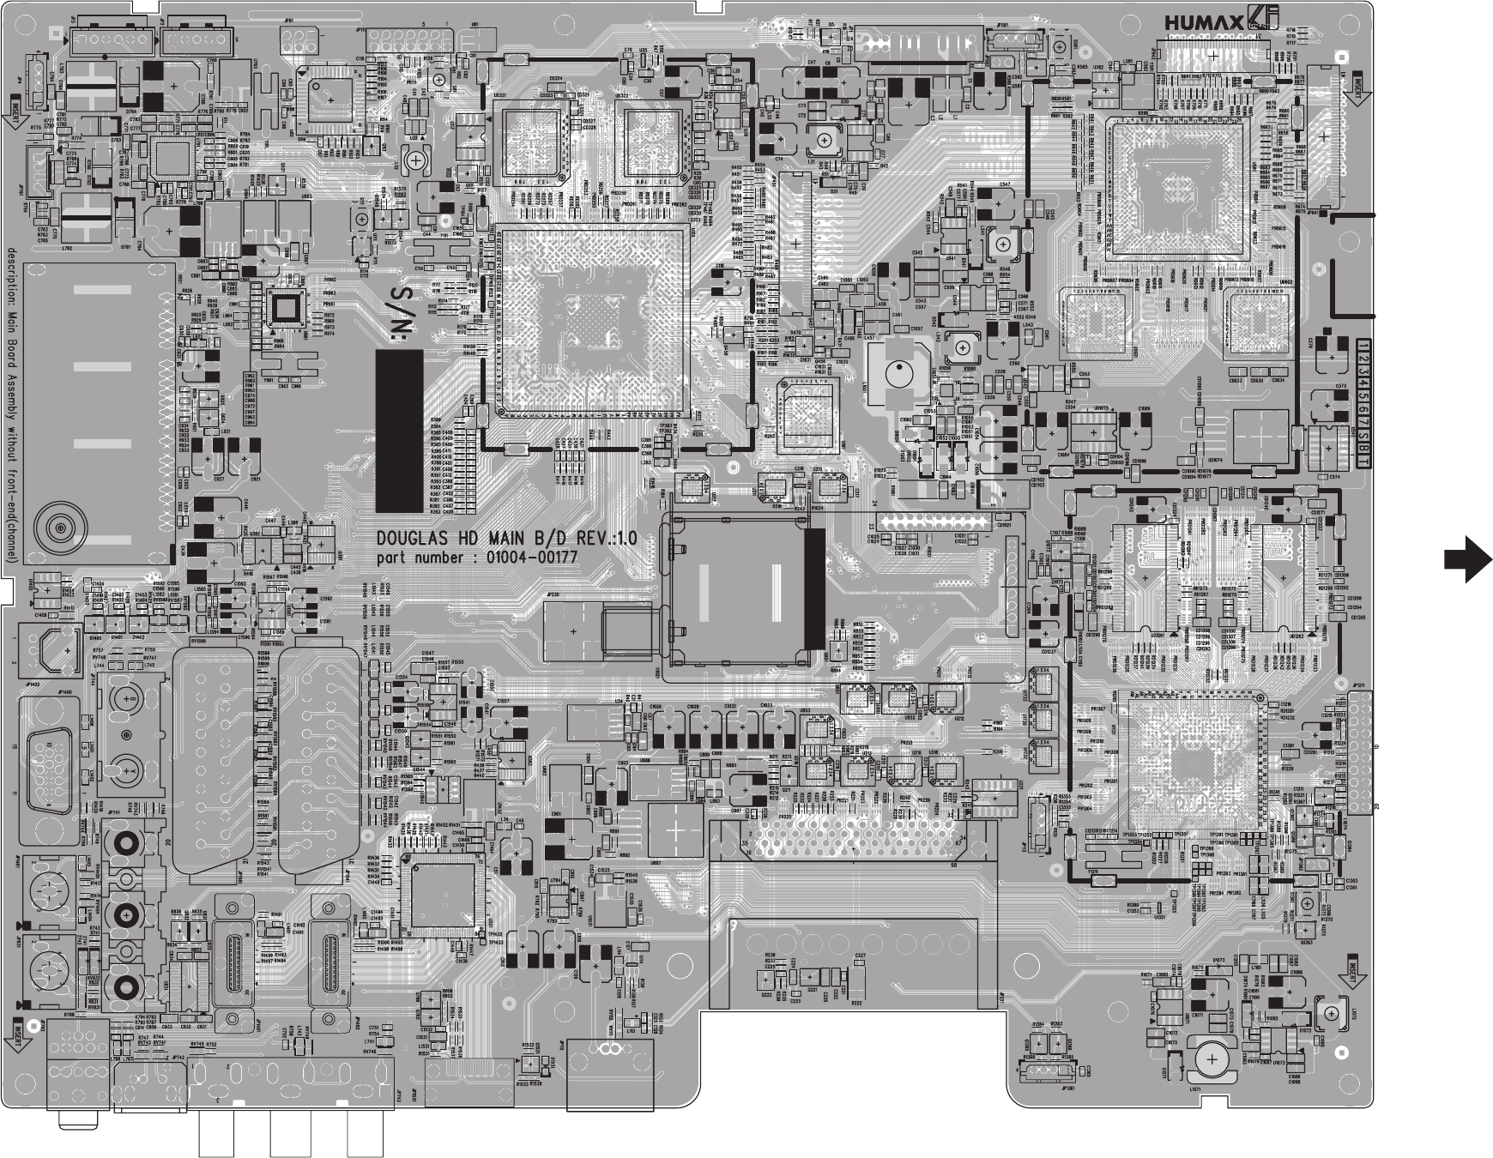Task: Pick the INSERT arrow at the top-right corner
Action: pos(1357,87)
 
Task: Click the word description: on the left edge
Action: pos(11,274)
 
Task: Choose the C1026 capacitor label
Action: pos(656,706)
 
